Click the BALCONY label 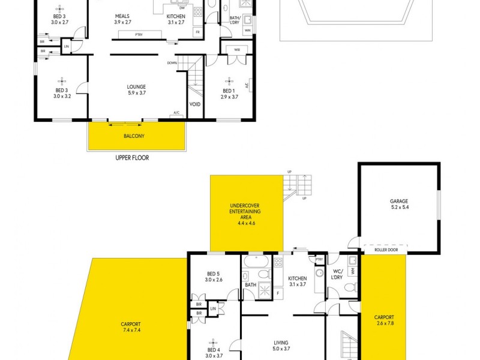(134, 136)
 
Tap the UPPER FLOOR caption (132, 158)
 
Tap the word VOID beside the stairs (195, 104)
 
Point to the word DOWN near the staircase (172, 62)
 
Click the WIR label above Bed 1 (237, 50)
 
